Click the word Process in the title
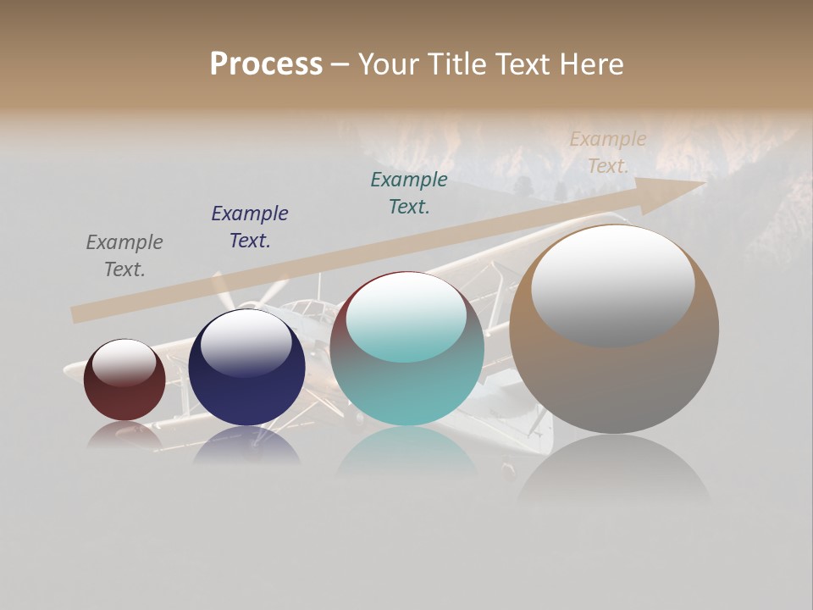coord(266,64)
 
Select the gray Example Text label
coord(124,256)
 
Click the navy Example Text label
coord(250,227)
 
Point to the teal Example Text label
coord(409,193)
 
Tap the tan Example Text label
coord(608,152)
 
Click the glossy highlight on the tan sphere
coord(612,284)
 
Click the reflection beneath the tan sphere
coord(614,470)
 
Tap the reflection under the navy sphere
coord(246,445)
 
